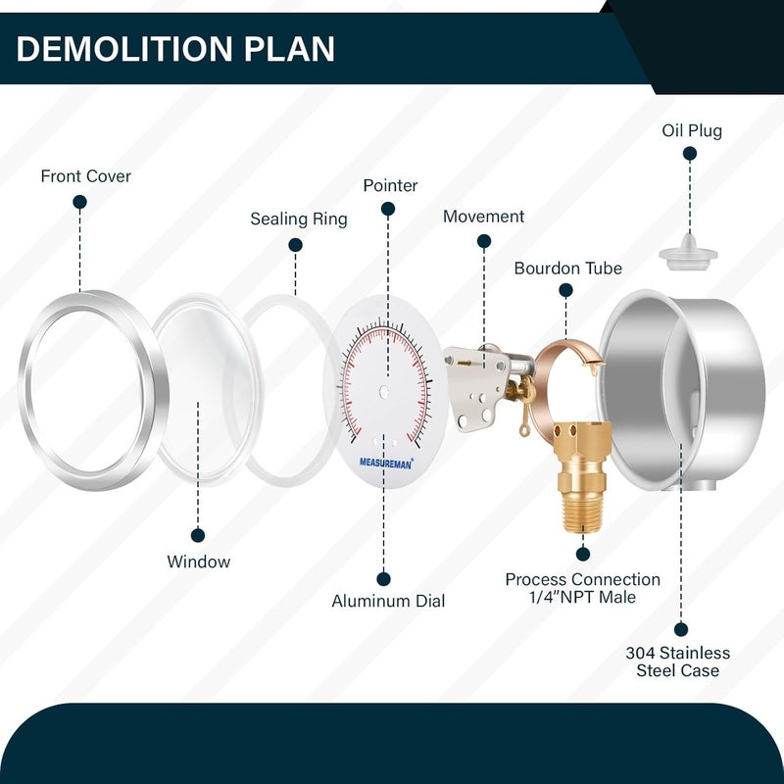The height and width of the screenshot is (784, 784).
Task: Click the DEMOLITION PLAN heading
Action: pyautogui.click(x=175, y=49)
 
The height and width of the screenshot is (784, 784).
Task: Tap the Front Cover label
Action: pyautogui.click(x=86, y=176)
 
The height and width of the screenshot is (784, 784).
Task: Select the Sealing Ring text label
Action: pyautogui.click(x=299, y=219)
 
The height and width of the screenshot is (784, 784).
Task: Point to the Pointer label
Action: pyautogui.click(x=390, y=185)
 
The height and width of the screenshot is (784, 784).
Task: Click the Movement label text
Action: pyautogui.click(x=483, y=217)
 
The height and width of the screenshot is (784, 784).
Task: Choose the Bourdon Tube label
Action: pyautogui.click(x=568, y=269)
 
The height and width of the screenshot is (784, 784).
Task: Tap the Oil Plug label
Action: pyautogui.click(x=692, y=131)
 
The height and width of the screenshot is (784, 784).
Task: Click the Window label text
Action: pyautogui.click(x=199, y=562)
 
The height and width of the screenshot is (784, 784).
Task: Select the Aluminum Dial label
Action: pyautogui.click(x=388, y=601)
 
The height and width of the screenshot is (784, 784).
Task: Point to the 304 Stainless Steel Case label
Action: pyautogui.click(x=677, y=661)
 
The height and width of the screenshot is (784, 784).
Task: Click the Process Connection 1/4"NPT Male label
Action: pyautogui.click(x=582, y=588)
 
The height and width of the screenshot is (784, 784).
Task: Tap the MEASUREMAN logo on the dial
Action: pyautogui.click(x=386, y=464)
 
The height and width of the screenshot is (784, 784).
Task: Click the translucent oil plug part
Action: pyautogui.click(x=688, y=253)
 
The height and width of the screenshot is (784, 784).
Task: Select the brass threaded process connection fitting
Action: pyautogui.click(x=582, y=475)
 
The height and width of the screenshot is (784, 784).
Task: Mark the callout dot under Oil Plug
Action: pyautogui.click(x=690, y=154)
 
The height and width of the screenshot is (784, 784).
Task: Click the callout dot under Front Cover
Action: pyautogui.click(x=79, y=202)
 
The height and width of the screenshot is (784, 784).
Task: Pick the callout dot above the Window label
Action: pyautogui.click(x=198, y=535)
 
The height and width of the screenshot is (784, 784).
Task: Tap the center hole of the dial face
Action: pyautogui.click(x=384, y=391)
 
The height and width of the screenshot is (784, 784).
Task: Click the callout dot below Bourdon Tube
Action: pyautogui.click(x=565, y=290)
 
